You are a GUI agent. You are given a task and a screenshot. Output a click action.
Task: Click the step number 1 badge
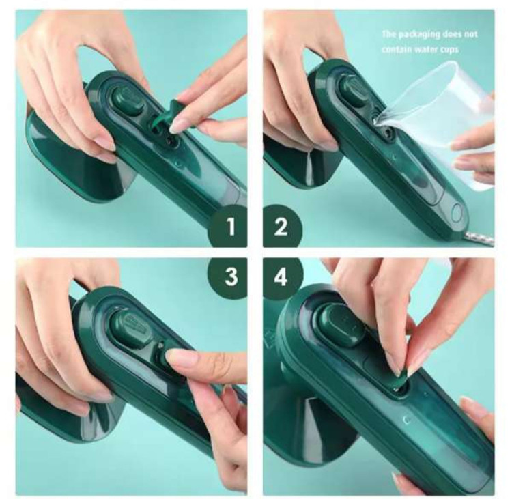coord(230,227)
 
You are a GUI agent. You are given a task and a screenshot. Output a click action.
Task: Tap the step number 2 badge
coord(281,227)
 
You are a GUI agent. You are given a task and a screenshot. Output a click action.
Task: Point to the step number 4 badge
coord(281,277)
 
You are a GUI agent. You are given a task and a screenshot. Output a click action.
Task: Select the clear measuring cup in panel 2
coord(441,130)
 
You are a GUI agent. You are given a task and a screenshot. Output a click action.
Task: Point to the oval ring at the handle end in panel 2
coord(457,212)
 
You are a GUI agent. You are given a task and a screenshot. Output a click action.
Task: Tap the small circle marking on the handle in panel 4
coord(406,420)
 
